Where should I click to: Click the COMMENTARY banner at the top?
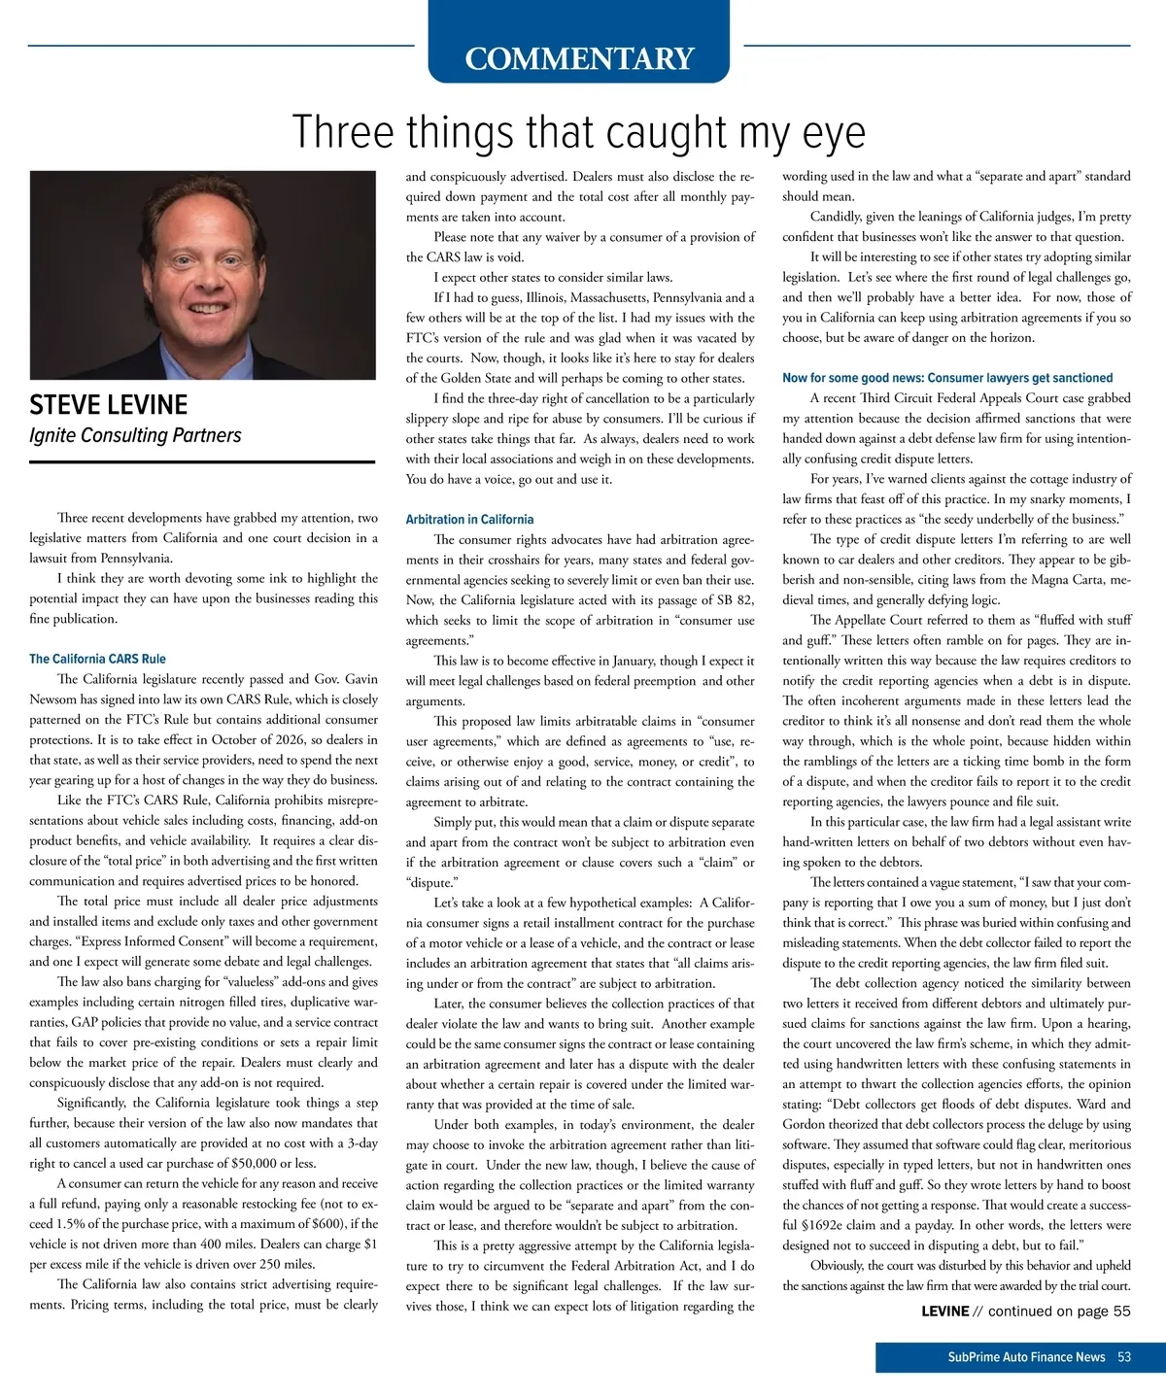coord(579,58)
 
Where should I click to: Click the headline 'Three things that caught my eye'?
coord(578,132)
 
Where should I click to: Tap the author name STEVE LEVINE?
coord(109,405)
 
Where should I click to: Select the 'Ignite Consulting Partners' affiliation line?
coord(135,435)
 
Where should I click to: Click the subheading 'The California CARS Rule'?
coord(97,659)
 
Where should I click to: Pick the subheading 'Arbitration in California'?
coord(469,520)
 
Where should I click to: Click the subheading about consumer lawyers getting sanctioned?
coord(947,378)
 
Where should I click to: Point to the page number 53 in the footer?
coord(1124,1357)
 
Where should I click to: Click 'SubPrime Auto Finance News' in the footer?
coord(1026,1357)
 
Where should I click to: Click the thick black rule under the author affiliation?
coord(202,462)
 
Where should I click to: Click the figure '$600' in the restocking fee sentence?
coord(327,1224)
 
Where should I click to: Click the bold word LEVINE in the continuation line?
coord(944,1312)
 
